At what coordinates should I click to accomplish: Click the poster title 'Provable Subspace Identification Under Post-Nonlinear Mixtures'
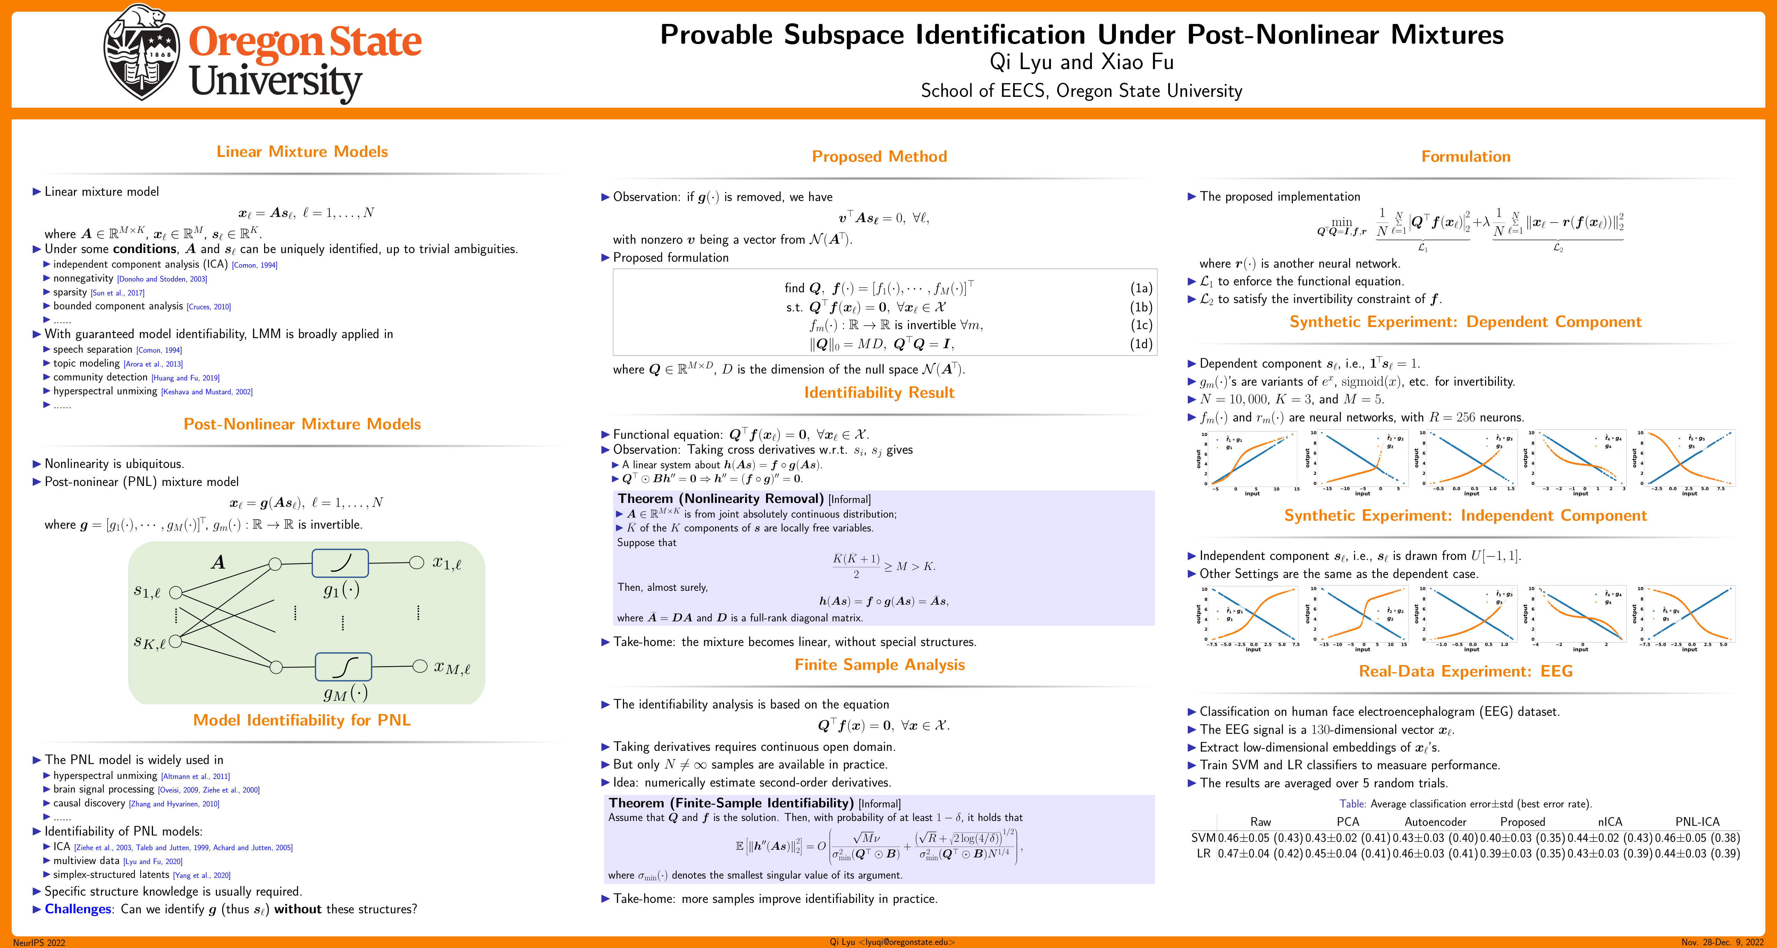pos(1081,34)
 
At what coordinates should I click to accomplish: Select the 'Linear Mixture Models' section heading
pos(302,152)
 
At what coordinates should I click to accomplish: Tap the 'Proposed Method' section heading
pos(879,157)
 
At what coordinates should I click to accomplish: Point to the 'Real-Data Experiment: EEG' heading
pos(1465,671)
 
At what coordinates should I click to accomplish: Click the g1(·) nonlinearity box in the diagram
pos(340,563)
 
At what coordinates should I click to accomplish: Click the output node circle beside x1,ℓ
pos(416,562)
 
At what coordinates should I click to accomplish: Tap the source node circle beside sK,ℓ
pos(175,641)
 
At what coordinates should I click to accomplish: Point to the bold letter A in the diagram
pos(218,562)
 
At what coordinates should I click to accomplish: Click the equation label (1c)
pos(1141,325)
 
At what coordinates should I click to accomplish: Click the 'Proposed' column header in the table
pos(1523,822)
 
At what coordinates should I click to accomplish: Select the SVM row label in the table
pos(1203,838)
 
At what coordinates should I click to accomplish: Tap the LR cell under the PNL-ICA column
pos(1697,854)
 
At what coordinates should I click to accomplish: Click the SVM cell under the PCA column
pos(1347,838)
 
